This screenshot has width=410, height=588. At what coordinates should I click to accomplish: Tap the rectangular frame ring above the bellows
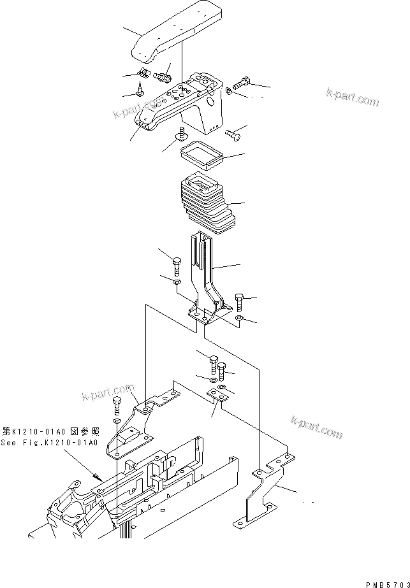[x=200, y=153]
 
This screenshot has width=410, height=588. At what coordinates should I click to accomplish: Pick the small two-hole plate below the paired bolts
[x=219, y=397]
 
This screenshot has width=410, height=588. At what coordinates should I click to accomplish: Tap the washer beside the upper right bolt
[x=228, y=92]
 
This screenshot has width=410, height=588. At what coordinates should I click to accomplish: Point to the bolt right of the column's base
[x=239, y=299]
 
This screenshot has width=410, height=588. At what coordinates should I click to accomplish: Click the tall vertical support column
[x=207, y=274]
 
